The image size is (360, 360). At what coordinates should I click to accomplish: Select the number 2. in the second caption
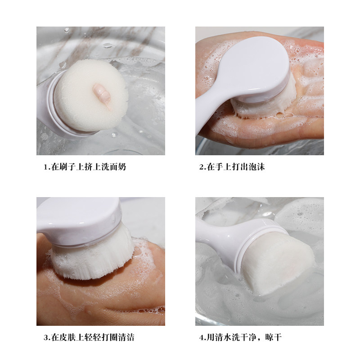click(202, 167)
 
